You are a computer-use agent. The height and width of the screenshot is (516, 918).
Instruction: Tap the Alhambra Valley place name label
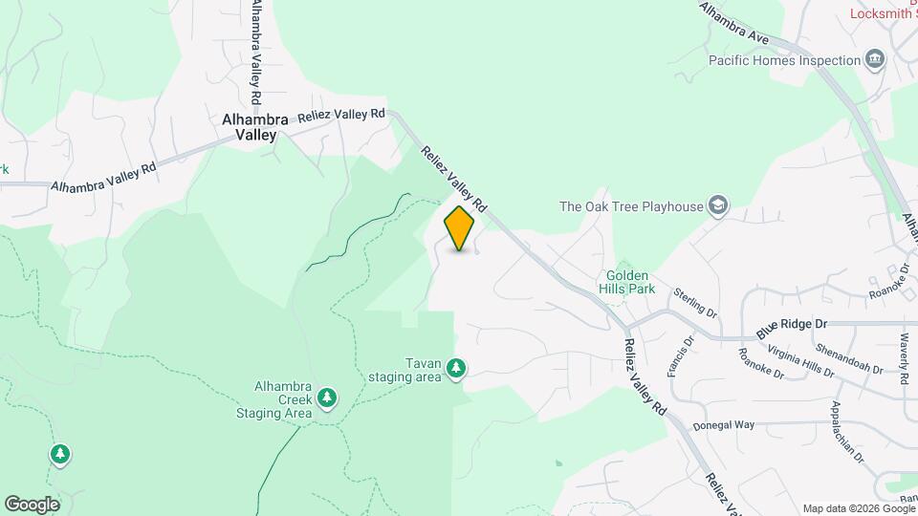click(254, 127)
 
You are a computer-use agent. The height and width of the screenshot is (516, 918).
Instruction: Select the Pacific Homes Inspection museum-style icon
click(874, 61)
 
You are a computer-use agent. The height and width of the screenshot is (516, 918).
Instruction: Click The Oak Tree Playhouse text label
click(630, 205)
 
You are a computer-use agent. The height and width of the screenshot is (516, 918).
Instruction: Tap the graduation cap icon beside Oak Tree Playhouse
click(718, 205)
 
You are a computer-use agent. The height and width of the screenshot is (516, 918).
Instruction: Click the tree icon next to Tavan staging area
click(457, 368)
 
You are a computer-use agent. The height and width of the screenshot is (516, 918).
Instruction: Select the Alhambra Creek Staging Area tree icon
click(327, 397)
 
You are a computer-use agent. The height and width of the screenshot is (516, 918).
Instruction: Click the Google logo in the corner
click(32, 504)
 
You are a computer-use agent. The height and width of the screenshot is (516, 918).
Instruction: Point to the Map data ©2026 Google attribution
click(857, 508)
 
